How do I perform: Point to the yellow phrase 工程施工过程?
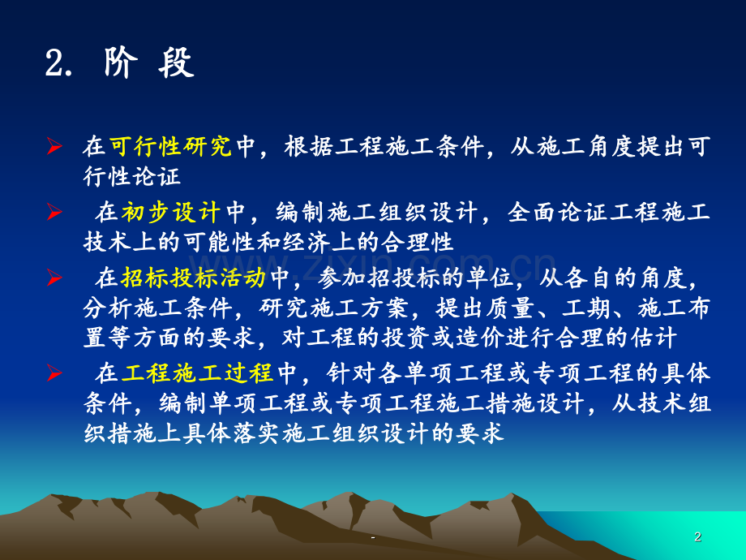tap(198, 374)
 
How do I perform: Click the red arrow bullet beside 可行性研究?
tap(54, 147)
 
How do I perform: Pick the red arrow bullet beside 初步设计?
tap(54, 213)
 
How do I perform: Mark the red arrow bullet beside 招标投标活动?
tap(54, 279)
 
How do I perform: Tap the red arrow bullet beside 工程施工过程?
tap(54, 374)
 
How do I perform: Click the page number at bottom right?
tap(698, 536)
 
